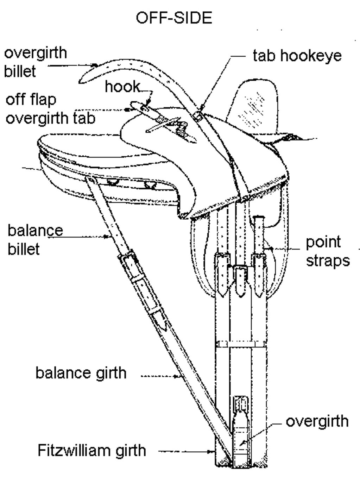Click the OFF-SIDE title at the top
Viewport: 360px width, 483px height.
click(x=174, y=18)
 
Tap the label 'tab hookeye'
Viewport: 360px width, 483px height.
click(x=297, y=56)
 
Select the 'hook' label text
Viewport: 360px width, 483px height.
click(x=122, y=87)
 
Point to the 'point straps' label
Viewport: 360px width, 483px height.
click(x=328, y=251)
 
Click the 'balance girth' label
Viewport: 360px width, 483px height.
click(x=81, y=372)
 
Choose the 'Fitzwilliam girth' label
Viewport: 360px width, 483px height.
click(x=91, y=450)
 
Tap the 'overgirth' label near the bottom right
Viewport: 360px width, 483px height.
click(x=317, y=421)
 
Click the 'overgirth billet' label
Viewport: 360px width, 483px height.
click(x=35, y=62)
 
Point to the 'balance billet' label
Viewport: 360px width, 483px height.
click(x=35, y=239)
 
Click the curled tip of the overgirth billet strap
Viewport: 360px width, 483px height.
click(x=84, y=77)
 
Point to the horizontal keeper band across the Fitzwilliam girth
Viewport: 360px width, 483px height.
click(x=241, y=343)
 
